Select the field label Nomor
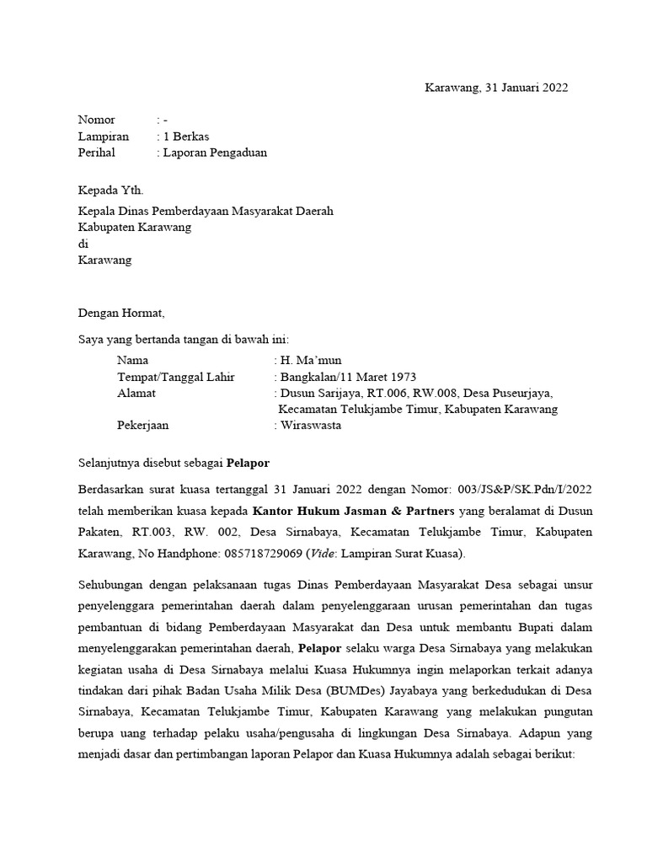click(x=96, y=120)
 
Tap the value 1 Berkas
click(x=186, y=136)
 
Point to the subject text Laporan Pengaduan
click(x=215, y=153)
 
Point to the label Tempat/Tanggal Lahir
click(x=177, y=377)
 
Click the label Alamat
click(x=136, y=393)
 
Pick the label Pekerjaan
click(x=143, y=426)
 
